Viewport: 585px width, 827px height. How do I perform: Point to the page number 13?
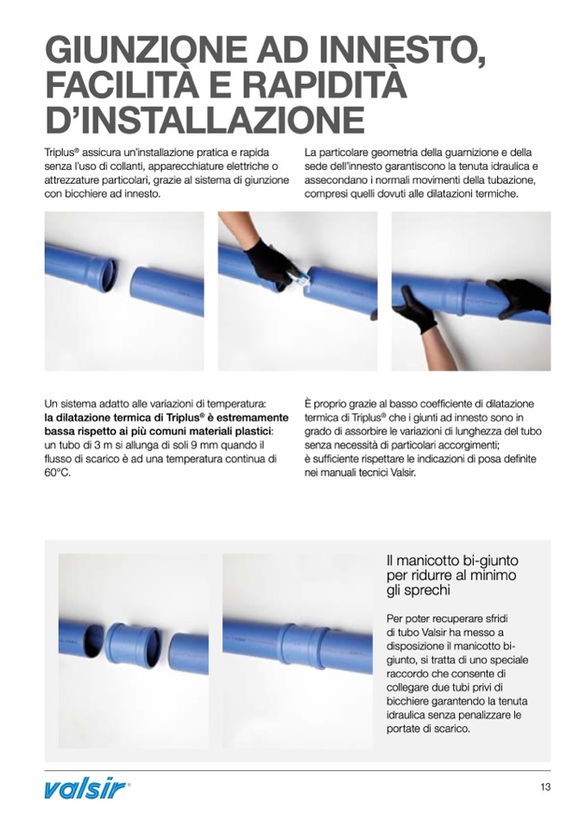coord(545,787)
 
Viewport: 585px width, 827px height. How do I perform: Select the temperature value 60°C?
coord(58,473)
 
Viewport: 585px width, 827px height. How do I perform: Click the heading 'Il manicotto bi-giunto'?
coord(452,561)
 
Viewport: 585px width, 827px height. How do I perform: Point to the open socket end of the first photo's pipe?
coord(108,273)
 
